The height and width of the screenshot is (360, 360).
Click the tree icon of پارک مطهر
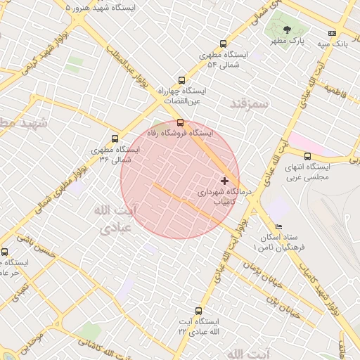(287, 30)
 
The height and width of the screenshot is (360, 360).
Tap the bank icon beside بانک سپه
(332, 33)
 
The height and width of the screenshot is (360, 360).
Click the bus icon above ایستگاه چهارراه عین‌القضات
(182, 80)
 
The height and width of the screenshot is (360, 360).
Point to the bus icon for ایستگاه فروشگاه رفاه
(180, 122)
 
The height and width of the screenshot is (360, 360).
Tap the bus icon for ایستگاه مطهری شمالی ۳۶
(115, 139)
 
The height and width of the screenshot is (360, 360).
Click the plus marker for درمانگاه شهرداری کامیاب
(225, 181)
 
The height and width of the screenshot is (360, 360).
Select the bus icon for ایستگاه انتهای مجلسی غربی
(307, 156)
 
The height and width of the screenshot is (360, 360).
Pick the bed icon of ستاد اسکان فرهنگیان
(279, 227)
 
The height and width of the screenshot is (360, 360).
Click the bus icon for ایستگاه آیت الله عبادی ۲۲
(198, 310)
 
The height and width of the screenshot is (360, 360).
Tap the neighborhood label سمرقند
(249, 103)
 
